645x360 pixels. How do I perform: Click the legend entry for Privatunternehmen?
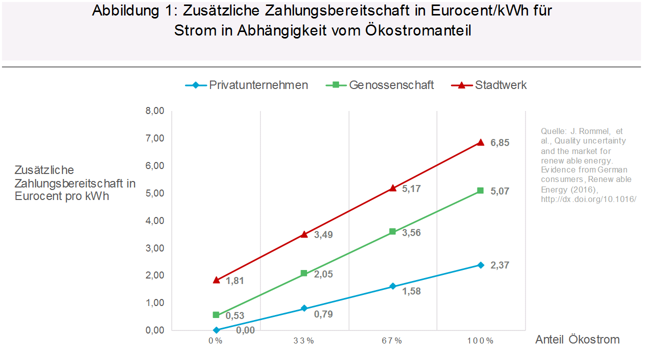pos(258,85)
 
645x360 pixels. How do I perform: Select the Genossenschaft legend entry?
pos(391,85)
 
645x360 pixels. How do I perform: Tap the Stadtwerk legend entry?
pos(500,85)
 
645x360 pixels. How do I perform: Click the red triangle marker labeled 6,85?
pos(480,142)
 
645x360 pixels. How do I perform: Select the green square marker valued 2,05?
pos(304,273)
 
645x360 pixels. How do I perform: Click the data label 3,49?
pos(323,234)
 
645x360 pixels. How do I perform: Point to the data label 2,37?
pos(500,265)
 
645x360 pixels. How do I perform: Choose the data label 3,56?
pos(411,233)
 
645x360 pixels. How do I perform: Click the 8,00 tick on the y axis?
pos(154,111)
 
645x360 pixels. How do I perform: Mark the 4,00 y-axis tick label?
pos(154,220)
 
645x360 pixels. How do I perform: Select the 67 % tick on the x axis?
pos(392,341)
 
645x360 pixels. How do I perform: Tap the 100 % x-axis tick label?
pos(480,341)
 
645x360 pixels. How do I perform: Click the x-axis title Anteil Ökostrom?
pos(577,340)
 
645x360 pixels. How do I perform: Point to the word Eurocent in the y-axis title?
pos(37,196)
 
